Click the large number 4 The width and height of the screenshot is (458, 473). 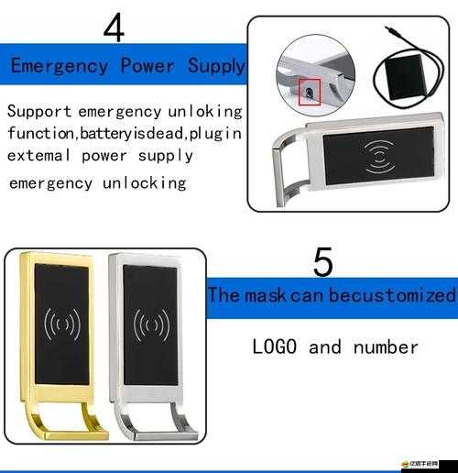point(114,28)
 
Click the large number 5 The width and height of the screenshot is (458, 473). point(322,262)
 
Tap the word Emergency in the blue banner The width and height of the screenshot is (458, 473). point(60,66)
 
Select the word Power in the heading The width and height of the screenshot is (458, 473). point(147,65)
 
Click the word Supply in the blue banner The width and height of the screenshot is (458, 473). point(216,66)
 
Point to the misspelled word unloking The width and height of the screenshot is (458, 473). point(205,112)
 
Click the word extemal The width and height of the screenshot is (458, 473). point(39,156)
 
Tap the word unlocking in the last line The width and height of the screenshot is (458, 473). point(145,183)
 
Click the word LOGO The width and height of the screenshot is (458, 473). point(275,346)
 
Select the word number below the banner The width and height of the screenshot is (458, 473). point(386,347)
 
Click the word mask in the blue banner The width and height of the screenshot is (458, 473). point(266,295)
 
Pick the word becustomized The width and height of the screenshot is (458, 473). point(392,295)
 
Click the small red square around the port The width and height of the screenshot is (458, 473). point(310,92)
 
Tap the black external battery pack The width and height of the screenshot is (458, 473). point(406,77)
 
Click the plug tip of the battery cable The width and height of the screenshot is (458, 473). point(387,29)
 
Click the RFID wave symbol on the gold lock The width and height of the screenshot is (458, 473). point(62,324)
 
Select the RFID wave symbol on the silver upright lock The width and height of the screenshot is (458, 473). point(151,324)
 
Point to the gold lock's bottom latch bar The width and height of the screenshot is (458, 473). point(76,435)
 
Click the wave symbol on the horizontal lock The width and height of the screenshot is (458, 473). point(379,157)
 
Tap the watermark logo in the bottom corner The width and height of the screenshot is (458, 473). point(420,464)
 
